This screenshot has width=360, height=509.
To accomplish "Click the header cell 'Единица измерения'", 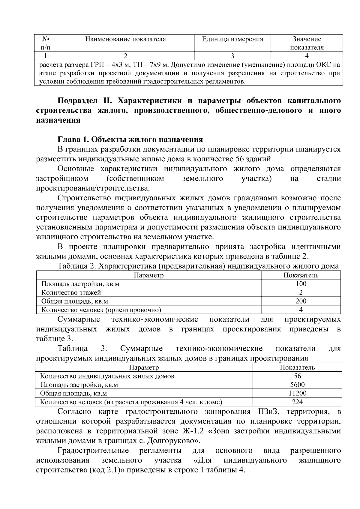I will [x=232, y=39].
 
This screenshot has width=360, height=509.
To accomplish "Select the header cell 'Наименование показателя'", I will [x=125, y=39].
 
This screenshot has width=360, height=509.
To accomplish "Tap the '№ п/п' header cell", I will [x=46, y=43].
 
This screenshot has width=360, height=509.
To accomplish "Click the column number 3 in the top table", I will [x=232, y=56].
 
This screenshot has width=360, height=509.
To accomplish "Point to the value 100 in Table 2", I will [x=301, y=284].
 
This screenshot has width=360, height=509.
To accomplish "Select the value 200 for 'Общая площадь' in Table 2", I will [x=301, y=301].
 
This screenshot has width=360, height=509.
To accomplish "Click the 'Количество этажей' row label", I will [x=71, y=292].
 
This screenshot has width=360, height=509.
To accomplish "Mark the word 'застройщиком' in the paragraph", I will [x=62, y=179].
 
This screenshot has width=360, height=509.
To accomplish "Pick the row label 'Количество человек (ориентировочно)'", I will [x=101, y=310].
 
